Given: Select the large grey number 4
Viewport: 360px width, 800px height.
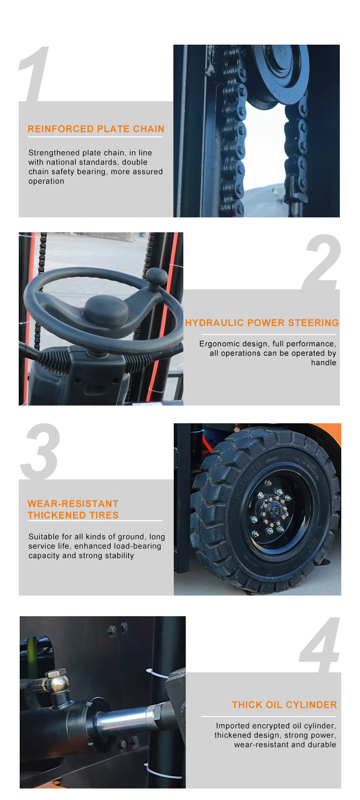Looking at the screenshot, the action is click(x=320, y=645).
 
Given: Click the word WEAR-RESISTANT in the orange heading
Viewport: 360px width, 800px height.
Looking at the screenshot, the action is click(x=73, y=503).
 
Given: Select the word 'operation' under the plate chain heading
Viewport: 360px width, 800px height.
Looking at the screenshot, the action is click(x=47, y=181).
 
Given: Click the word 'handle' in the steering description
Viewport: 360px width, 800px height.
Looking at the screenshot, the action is click(x=324, y=363).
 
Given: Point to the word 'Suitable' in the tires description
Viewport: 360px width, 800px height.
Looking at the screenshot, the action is click(x=43, y=537).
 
